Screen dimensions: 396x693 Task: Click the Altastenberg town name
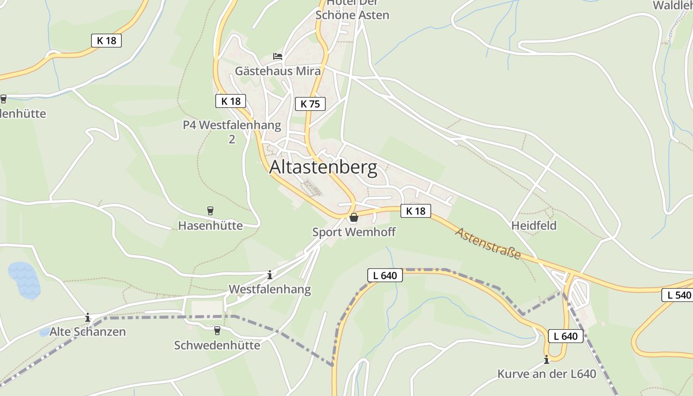tap(323, 168)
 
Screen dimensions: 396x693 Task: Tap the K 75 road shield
tap(310, 104)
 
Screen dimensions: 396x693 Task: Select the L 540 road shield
tap(677, 295)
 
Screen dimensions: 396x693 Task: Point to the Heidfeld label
tap(534, 226)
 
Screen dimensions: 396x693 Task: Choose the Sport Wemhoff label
tap(354, 232)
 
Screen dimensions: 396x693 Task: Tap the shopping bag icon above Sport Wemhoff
tap(354, 217)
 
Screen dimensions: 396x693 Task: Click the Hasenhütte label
tap(210, 226)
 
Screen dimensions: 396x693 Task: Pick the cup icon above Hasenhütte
tap(210, 211)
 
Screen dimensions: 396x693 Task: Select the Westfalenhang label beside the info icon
tap(270, 289)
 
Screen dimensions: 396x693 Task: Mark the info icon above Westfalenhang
tap(270, 275)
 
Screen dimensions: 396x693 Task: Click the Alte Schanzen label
tap(88, 332)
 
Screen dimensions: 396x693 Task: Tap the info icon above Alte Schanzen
tap(88, 317)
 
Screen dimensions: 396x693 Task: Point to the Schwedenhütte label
tap(217, 345)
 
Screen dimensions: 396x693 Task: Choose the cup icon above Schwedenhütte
tap(217, 330)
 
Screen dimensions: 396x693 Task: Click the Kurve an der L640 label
tap(546, 374)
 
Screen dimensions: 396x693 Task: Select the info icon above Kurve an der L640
tap(546, 359)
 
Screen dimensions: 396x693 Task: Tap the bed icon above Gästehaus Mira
tap(277, 56)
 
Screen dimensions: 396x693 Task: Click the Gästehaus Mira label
tap(277, 71)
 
